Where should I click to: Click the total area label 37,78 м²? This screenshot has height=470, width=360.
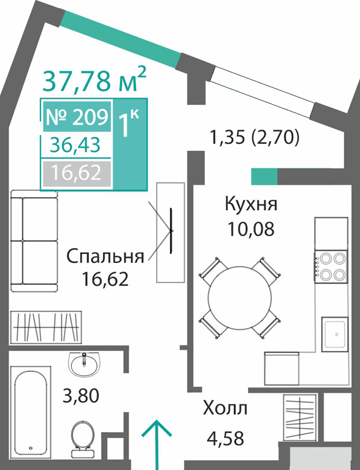(94, 79)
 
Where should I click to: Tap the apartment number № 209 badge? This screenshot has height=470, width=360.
(77, 117)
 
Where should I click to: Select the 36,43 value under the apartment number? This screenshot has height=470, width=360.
(75, 146)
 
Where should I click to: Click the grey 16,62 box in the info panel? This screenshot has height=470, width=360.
(77, 173)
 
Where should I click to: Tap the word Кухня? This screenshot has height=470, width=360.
(252, 204)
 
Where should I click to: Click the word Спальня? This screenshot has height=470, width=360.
(105, 256)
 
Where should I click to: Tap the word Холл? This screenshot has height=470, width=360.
(225, 408)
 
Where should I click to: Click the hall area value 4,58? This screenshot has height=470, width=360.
(225, 438)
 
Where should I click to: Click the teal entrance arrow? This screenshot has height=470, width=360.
(157, 445)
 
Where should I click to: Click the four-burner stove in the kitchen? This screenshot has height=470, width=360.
(331, 266)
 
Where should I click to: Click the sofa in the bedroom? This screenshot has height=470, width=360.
(34, 240)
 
